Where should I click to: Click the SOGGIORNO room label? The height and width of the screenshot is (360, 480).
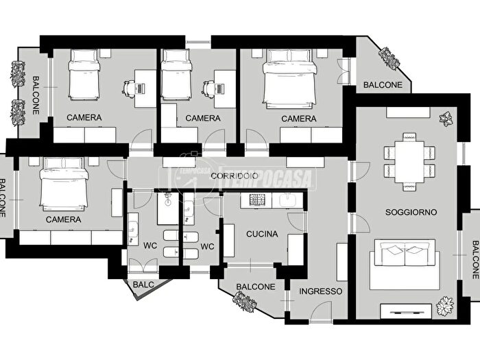tap(411, 212)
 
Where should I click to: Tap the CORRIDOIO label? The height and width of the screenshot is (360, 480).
tap(235, 176)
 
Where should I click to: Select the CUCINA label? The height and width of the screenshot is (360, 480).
tap(262, 235)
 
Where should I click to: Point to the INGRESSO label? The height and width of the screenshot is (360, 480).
tap(320, 291)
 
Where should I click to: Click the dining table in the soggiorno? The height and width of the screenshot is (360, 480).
tap(409, 162)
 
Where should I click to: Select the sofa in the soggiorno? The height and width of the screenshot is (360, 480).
tap(405, 264)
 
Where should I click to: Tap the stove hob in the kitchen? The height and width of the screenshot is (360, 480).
tap(256, 200)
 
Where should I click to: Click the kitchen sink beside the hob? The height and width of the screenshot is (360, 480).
tap(287, 200)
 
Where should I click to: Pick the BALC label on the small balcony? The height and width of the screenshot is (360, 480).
tap(143, 285)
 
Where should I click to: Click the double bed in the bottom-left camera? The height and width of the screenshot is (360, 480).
tap(64, 184)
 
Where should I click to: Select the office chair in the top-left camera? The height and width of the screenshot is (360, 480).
tap(129, 89)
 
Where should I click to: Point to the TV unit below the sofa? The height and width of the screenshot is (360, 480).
tap(406, 311)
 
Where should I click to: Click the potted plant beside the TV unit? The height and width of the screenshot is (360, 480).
tap(445, 305)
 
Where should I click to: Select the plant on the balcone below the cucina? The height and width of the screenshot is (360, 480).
tap(244, 302)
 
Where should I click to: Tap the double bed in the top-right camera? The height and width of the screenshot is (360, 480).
tap(289, 80)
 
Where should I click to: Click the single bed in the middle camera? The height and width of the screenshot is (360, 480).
tap(176, 75)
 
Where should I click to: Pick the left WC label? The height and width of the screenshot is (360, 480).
tap(150, 245)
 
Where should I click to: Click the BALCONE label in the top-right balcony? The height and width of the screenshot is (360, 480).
tap(383, 85)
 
